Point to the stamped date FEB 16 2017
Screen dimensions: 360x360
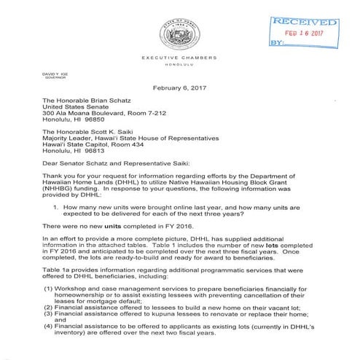point(313,34)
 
